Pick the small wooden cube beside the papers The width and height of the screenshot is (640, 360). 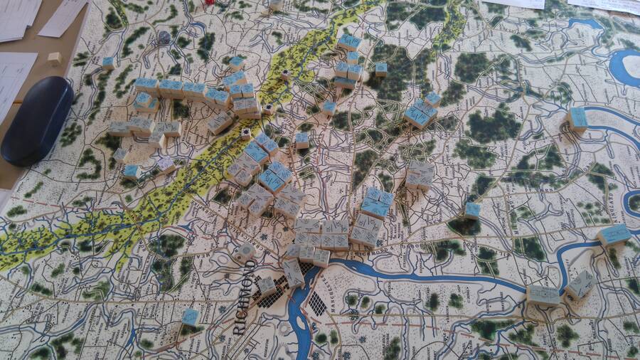(x=54, y=59)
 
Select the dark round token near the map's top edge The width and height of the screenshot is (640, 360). (x=164, y=37)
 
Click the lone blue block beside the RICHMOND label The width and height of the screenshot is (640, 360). (x=191, y=317)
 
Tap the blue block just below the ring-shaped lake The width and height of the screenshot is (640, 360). (x=577, y=119)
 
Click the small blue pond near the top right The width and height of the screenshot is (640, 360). (x=585, y=23)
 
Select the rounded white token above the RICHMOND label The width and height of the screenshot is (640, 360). (x=245, y=252)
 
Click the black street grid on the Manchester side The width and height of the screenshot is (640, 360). (x=316, y=304)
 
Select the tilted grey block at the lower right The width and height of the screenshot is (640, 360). (x=581, y=285)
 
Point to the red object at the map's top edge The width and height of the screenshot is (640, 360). (x=210, y=2)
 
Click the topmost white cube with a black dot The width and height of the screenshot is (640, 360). (x=285, y=75)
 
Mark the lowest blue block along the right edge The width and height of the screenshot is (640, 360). (x=614, y=235)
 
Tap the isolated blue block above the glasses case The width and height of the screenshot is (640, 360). (x=108, y=63)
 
